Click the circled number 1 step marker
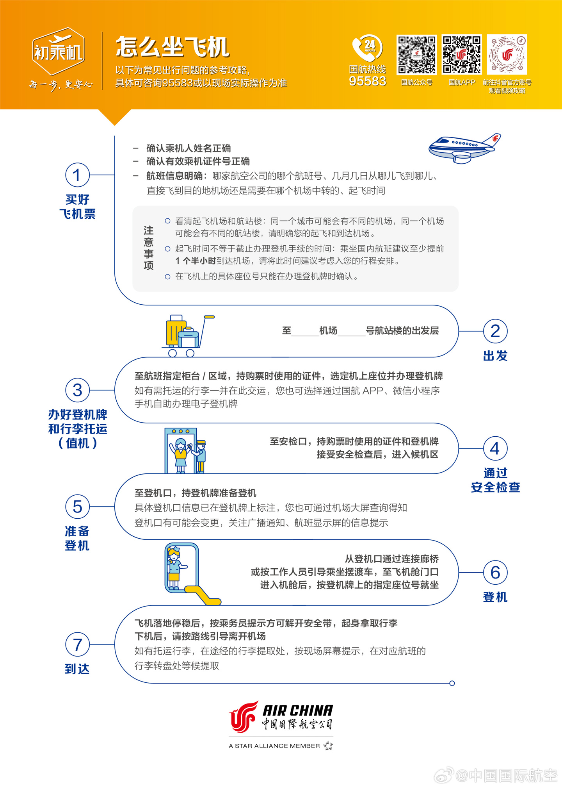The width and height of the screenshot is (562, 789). pos(77,175)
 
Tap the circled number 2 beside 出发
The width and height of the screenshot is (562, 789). pos(495,331)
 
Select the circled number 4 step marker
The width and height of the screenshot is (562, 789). pos(495,448)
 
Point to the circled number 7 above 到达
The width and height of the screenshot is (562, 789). pos(77,644)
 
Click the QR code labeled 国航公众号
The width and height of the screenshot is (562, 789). pos(416,55)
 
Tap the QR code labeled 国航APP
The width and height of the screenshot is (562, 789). pos(462,55)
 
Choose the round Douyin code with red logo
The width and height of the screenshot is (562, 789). pos(507,55)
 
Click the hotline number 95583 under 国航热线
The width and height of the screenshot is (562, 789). pos(368,81)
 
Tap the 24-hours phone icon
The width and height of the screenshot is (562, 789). pos(367,48)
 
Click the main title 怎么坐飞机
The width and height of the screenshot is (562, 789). pos(172,47)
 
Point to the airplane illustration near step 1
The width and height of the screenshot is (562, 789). pos(464,148)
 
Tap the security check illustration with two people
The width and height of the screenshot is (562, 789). pos(185,451)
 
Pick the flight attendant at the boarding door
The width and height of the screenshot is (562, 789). pos(175,568)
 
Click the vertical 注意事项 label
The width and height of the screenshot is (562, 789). pos(149,248)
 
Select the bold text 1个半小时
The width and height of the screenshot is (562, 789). pos(196,261)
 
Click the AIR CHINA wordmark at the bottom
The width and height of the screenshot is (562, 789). pos(298,710)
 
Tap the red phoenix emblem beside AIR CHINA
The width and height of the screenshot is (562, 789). pos(244,716)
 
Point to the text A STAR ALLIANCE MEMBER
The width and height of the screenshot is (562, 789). pos(274,746)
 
